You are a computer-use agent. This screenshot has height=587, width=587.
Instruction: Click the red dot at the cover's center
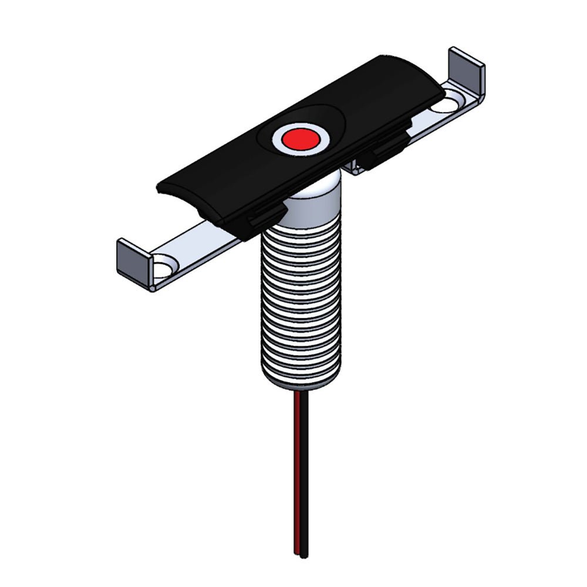[298, 139]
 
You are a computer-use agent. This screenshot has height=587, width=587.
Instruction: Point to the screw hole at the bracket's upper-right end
[447, 106]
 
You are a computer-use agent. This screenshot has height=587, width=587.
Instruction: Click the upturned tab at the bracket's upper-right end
[467, 68]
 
